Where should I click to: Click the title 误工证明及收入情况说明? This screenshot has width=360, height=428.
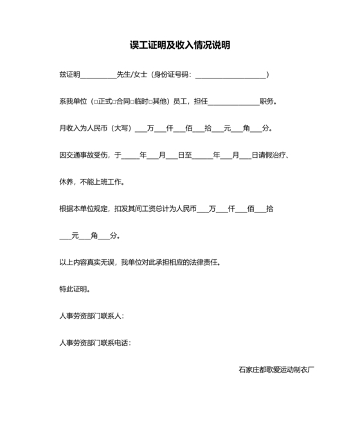179,45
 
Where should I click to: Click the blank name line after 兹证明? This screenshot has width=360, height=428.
98,75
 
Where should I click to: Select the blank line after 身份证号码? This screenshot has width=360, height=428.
230,75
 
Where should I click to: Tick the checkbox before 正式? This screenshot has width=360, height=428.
94,102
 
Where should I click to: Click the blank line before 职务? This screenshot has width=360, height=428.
233,102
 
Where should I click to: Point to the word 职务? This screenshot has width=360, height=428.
267,102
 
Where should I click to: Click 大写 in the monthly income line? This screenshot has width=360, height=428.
120,128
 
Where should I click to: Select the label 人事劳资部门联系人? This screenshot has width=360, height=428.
91,316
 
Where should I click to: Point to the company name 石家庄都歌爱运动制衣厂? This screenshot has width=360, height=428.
276,369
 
